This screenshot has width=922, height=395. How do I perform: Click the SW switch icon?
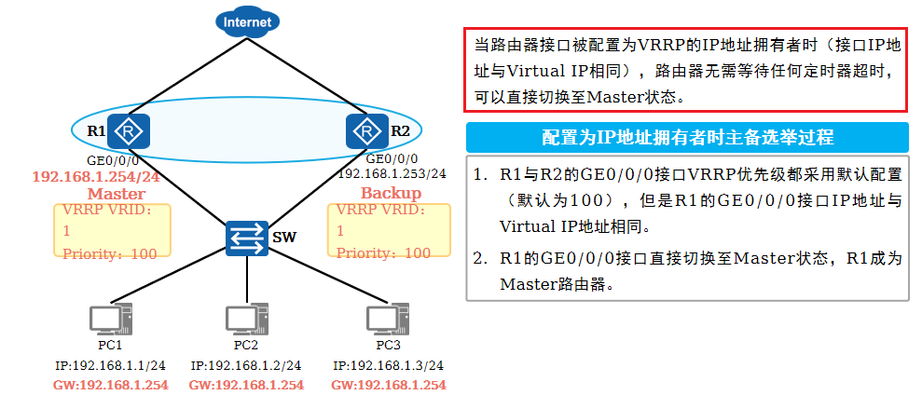(x=247, y=238)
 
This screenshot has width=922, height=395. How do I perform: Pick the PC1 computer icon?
(x=110, y=320)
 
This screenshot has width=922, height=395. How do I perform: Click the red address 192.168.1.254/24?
(x=96, y=176)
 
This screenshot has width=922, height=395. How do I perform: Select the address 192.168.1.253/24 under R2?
(x=392, y=173)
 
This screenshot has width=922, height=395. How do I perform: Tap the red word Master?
(x=116, y=194)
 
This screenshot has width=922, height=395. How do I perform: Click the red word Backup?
(x=391, y=193)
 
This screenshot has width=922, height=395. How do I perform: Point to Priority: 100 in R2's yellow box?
(x=383, y=252)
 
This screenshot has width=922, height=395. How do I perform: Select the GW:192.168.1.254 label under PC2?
(x=246, y=384)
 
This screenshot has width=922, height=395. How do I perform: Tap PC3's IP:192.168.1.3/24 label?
(x=388, y=365)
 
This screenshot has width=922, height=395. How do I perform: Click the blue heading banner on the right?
(x=687, y=137)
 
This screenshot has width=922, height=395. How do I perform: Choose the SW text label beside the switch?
(x=283, y=238)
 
